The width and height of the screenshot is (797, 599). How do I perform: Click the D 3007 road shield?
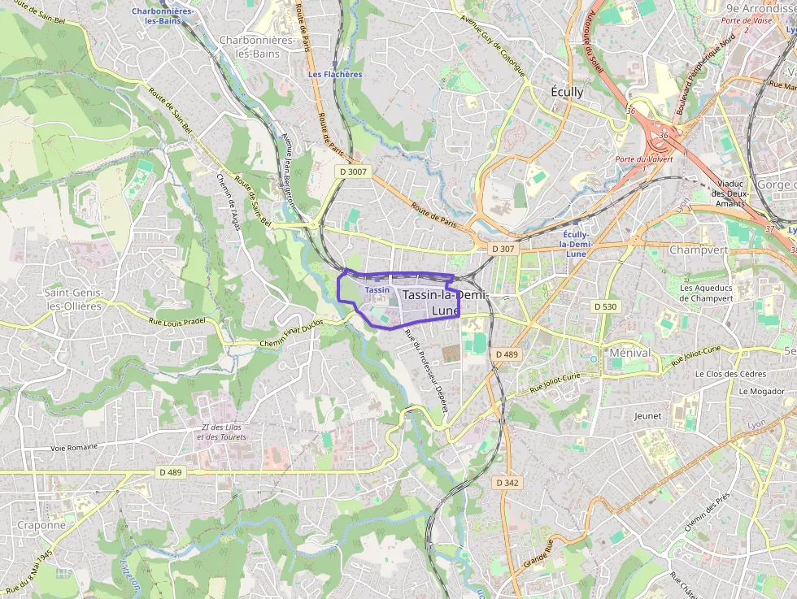tap(354, 172)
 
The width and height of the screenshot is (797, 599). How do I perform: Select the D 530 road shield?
tap(605, 306)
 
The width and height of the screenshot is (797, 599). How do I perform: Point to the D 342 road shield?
tap(507, 483)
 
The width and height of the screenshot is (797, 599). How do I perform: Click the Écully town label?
tap(567, 92)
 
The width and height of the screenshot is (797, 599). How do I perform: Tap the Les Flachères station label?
tap(335, 74)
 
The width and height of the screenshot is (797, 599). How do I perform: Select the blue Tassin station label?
tap(377, 289)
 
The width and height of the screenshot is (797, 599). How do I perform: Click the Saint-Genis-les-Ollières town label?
tap(73, 298)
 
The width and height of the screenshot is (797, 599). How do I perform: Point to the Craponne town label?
tap(41, 525)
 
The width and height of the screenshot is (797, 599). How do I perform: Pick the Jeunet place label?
tap(647, 415)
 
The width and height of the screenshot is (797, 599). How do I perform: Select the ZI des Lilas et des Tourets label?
tap(221, 432)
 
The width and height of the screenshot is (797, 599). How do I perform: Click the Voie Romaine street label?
tap(74, 447)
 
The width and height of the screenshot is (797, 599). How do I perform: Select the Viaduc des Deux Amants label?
tap(729, 193)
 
